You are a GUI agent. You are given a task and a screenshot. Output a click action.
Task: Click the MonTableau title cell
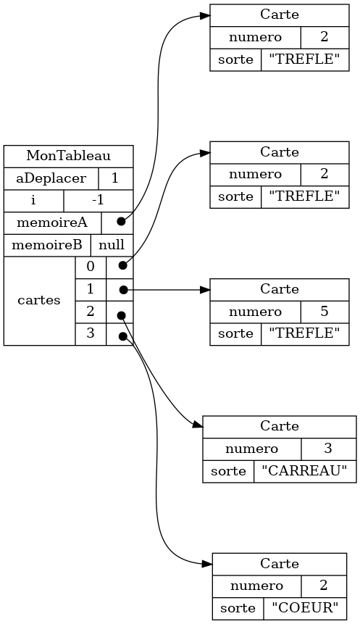(x=68, y=156)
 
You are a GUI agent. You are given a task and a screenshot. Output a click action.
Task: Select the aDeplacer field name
(x=51, y=178)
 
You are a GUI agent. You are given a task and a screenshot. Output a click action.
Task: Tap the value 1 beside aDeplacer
(x=115, y=178)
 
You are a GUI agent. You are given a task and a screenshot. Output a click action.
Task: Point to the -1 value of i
(x=98, y=201)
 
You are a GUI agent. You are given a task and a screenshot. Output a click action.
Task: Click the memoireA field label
(x=52, y=222)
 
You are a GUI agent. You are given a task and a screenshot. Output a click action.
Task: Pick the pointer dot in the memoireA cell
(x=121, y=222)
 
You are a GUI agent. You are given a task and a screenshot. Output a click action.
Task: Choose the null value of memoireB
(x=112, y=245)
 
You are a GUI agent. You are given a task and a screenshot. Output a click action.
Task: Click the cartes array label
(x=39, y=301)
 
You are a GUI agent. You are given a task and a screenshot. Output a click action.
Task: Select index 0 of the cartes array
(x=91, y=267)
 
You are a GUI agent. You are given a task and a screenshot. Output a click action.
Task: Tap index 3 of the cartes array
(x=91, y=333)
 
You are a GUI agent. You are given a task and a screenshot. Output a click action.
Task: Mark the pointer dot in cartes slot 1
(x=123, y=289)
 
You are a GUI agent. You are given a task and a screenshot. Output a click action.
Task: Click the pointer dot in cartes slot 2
(x=121, y=315)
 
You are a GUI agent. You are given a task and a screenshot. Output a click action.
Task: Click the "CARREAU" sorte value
(x=305, y=471)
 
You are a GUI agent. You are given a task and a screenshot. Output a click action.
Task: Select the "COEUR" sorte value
(x=305, y=608)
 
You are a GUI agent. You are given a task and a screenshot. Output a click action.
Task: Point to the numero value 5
(x=325, y=312)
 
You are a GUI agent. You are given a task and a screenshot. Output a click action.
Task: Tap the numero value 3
(x=328, y=449)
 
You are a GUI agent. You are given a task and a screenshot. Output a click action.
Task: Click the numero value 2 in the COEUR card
(x=324, y=586)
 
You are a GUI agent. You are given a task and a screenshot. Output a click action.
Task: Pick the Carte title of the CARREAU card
(x=280, y=427)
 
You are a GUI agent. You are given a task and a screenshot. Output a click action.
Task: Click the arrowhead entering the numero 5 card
(x=205, y=289)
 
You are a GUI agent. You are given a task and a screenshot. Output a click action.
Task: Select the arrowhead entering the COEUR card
(x=207, y=564)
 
